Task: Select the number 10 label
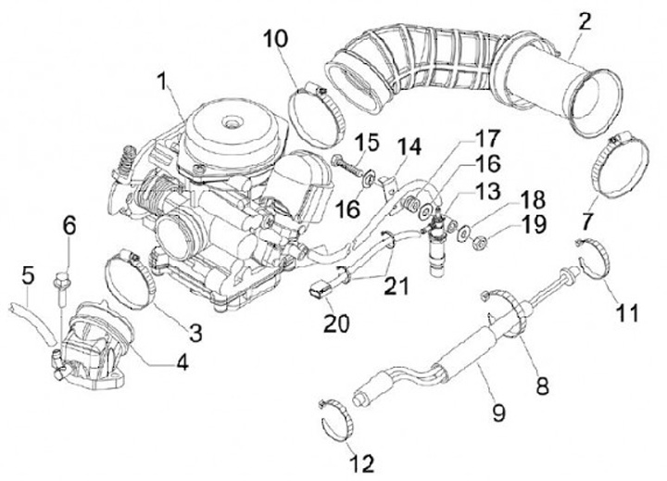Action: pyautogui.click(x=275, y=40)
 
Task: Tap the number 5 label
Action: pyautogui.click(x=27, y=274)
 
